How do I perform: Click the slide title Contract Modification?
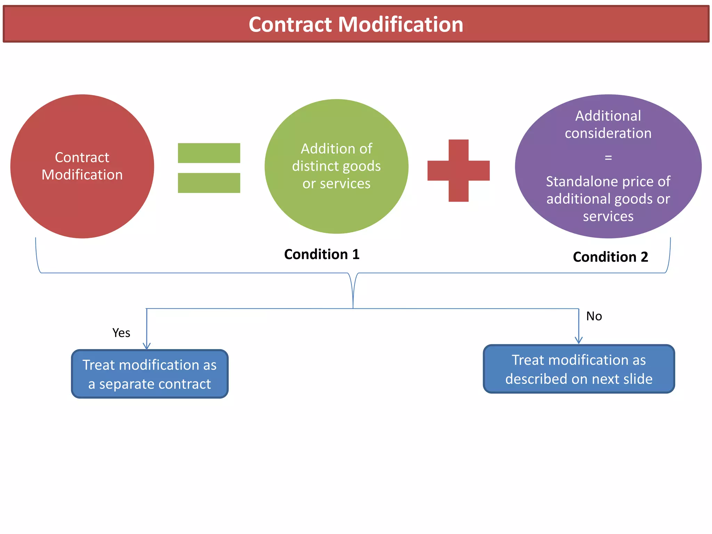click(x=356, y=24)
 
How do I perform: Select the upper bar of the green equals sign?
click(x=209, y=153)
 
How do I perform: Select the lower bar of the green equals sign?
click(x=209, y=183)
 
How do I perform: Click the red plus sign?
click(x=458, y=171)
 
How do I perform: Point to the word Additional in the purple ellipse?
click(x=608, y=116)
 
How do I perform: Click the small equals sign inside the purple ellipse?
click(x=608, y=157)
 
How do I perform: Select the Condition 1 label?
click(x=322, y=254)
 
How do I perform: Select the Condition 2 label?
click(x=610, y=257)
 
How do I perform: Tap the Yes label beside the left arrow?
click(x=121, y=333)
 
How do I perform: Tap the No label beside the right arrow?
click(x=594, y=316)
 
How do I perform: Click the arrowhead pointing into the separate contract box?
click(x=147, y=346)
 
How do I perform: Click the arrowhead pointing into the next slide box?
click(x=578, y=340)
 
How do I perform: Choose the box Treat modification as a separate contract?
click(x=149, y=374)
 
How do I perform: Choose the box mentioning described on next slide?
click(x=578, y=369)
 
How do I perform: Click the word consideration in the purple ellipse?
click(x=608, y=133)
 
